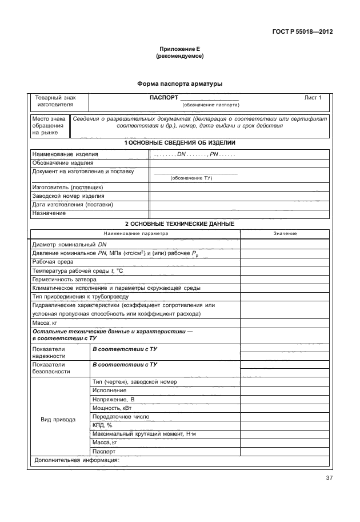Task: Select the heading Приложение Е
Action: [179, 50]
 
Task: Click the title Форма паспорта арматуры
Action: [179, 84]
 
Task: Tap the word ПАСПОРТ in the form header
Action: [163, 98]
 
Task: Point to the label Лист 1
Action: [313, 98]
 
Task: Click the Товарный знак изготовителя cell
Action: [55, 101]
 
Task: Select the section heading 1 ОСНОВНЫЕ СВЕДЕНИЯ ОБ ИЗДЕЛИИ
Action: [179, 142]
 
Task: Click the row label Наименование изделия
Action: [65, 154]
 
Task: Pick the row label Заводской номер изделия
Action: [68, 196]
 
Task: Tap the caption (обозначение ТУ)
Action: [191, 178]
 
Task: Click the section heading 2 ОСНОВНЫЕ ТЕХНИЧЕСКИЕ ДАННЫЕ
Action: [179, 224]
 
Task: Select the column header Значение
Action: [285, 234]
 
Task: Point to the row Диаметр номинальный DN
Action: [66, 244]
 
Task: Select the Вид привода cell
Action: [58, 420]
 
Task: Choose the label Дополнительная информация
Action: [76, 459]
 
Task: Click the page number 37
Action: [329, 479]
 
